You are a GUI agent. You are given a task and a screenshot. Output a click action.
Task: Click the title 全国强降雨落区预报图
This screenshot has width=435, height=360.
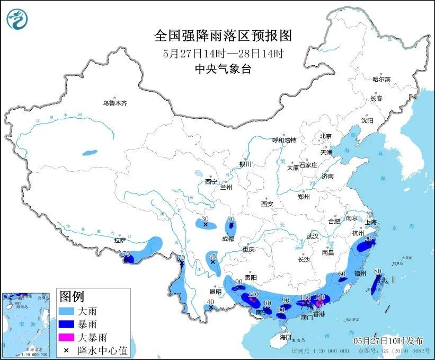click(223, 36)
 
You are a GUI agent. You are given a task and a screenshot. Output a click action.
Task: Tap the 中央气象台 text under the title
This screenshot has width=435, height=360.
click(223, 69)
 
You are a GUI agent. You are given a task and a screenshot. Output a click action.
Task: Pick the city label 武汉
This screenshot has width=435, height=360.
click(313, 236)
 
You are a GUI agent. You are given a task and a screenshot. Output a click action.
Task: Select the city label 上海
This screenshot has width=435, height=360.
click(371, 222)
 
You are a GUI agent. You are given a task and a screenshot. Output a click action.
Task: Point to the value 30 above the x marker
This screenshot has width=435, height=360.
click(205, 219)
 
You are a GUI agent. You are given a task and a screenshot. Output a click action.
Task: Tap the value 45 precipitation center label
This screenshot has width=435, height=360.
click(213, 256)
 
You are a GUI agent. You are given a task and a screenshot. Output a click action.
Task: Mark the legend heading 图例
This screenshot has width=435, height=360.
click(71, 296)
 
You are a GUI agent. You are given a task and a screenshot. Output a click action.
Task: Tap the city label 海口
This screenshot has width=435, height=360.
click(286, 337)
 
